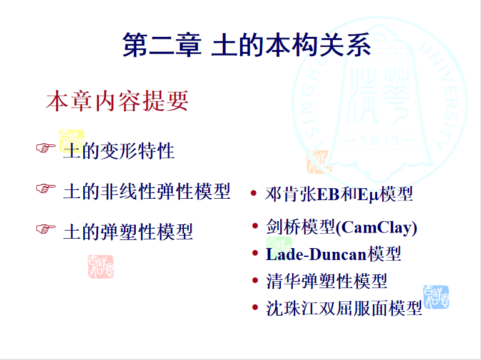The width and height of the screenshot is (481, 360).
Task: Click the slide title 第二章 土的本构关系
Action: pyautogui.click(x=246, y=45)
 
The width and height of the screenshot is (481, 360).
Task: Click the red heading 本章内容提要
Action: pyautogui.click(x=117, y=101)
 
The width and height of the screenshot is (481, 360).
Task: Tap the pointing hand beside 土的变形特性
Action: pyautogui.click(x=46, y=147)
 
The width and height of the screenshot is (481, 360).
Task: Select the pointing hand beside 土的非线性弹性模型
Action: pyautogui.click(x=46, y=188)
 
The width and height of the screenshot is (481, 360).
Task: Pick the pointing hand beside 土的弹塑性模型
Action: pyautogui.click(x=46, y=229)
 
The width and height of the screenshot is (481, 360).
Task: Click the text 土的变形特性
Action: pyautogui.click(x=119, y=151)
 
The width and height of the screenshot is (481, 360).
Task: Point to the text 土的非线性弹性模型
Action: pyautogui.click(x=146, y=191)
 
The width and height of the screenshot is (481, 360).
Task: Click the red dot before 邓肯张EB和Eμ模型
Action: pyautogui.click(x=253, y=193)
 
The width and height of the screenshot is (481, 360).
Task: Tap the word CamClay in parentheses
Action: pyautogui.click(x=377, y=227)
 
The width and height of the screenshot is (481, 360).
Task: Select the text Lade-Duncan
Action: pyautogui.click(x=316, y=254)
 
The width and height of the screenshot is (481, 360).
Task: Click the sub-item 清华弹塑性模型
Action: pyautogui.click(x=327, y=281)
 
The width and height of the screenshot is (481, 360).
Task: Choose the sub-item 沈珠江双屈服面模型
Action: pyautogui.click(x=344, y=308)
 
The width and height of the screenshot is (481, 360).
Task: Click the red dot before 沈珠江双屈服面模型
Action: pyautogui.click(x=255, y=307)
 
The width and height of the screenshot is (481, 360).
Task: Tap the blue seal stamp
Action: pyautogui.click(x=436, y=297)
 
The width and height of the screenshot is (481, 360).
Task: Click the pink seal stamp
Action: pyautogui.click(x=101, y=267)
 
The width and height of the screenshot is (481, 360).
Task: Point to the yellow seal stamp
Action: pyautogui.click(x=71, y=141)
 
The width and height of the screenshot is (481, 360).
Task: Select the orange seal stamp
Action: pyautogui.click(x=320, y=162)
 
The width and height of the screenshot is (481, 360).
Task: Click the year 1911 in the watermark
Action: pyautogui.click(x=380, y=141)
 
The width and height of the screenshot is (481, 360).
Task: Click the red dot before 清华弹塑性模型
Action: pyautogui.click(x=255, y=280)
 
